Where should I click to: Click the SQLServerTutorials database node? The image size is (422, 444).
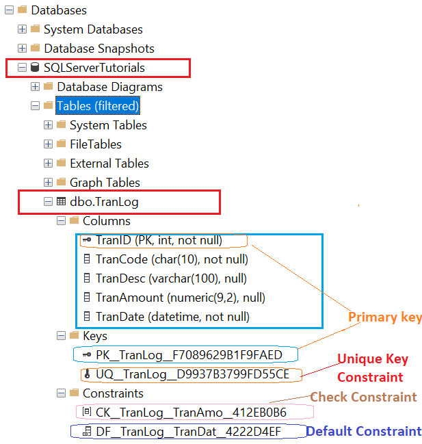coord(94,68)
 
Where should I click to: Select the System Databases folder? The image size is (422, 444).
coord(93,29)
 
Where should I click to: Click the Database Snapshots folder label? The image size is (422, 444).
coord(99,49)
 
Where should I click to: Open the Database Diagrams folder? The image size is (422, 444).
coord(109,87)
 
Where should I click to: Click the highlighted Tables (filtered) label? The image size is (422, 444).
coord(97,106)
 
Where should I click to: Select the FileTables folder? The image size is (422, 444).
coord(95,144)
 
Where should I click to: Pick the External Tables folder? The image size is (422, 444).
coord(109,164)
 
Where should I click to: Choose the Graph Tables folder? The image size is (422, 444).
coord(105,183)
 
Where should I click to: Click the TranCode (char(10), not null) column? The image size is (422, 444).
coord(172,259)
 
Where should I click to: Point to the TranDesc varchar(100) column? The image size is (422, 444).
coord(171,278)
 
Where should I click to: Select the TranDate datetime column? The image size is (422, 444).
coord(172,317)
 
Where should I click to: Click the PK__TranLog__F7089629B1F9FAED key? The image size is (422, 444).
coord(189,355)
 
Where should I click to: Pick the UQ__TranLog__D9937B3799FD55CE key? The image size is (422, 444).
coord(192,374)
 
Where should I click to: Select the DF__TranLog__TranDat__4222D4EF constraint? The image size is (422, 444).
coord(187,432)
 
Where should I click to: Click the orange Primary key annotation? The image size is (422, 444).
coord(384,317)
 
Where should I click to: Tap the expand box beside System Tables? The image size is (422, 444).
coord(48,125)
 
